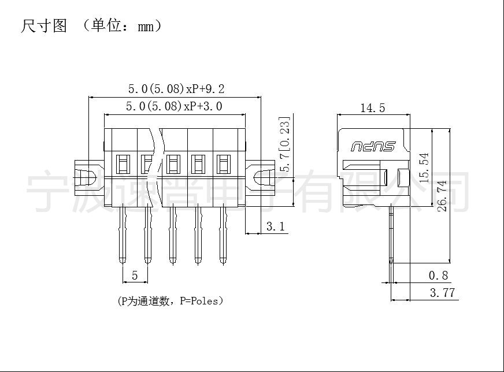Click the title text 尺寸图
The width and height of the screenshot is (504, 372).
tap(44, 25)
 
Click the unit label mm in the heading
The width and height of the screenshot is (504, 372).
tap(146, 27)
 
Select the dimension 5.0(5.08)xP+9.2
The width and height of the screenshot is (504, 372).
tap(176, 89)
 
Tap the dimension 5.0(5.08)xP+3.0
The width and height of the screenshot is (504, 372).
tap(174, 106)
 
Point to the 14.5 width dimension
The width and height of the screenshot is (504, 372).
tap(373, 108)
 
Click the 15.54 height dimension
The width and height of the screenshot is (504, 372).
tap(424, 168)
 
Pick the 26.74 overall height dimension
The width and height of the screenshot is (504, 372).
tap(442, 196)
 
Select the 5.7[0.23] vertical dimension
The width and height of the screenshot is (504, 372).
tap(285, 144)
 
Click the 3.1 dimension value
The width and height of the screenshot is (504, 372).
tap(276, 226)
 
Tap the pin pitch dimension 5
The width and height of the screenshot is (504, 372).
tap(135, 276)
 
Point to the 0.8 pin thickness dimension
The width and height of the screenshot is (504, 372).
tap(438, 276)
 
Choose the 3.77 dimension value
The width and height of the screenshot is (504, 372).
tap(442, 293)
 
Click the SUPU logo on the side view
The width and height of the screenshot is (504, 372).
tap(373, 146)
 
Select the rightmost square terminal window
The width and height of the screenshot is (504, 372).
tap(224, 164)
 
